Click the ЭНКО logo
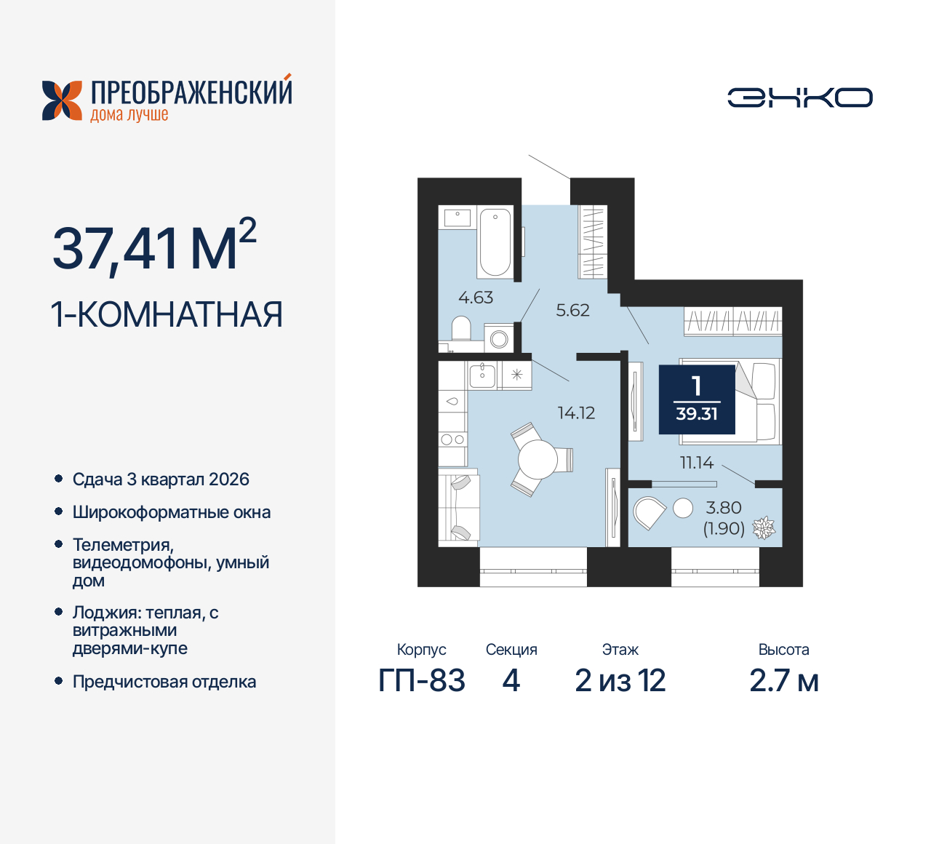[800, 97]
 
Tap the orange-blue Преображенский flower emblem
[62, 100]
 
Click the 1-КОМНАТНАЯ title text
[167, 315]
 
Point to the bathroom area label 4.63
[476, 298]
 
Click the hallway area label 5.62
[572, 311]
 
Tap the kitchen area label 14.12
[576, 413]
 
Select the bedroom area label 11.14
[696, 463]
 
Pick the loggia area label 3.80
[724, 508]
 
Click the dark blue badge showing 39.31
[697, 399]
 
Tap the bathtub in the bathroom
[495, 242]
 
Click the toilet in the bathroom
[461, 329]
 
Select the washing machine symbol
[499, 338]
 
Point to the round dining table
[538, 459]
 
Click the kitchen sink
[482, 375]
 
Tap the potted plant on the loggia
[763, 527]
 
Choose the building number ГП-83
[422, 681]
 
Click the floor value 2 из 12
[620, 681]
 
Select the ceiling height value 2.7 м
[784, 681]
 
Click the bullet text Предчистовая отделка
[164, 682]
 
